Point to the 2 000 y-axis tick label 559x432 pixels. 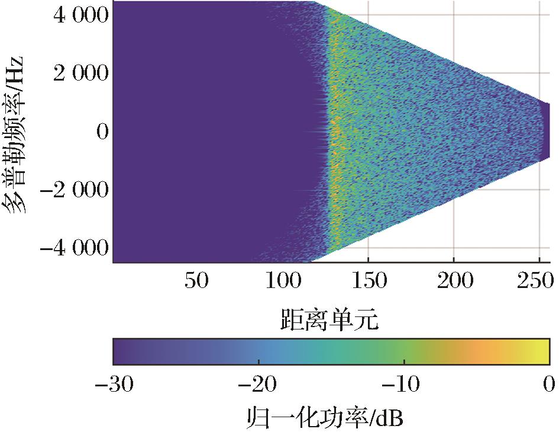pos(80,73)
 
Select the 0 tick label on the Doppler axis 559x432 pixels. pos(102,132)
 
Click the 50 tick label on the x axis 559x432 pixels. pos(196,281)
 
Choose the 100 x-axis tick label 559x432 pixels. pos(282,281)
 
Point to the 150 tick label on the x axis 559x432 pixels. pos(369,281)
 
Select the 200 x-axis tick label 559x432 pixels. pos(454,281)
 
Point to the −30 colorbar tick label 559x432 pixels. pos(114,386)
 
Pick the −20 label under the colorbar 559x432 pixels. pos(259,386)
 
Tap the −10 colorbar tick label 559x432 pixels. pos(404,386)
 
